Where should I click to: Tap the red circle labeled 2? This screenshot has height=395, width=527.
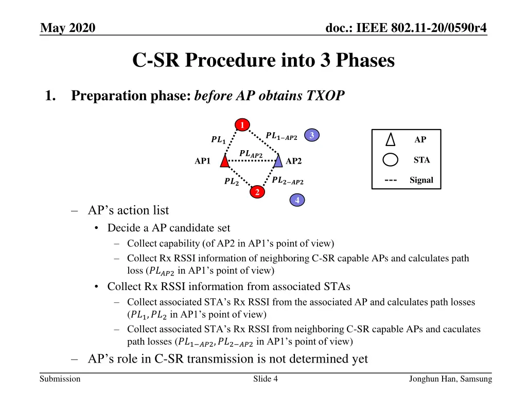pyautogui.click(x=257, y=192)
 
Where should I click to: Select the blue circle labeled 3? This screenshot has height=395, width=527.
pyautogui.click(x=311, y=135)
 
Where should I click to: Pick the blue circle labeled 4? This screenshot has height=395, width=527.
pyautogui.click(x=297, y=201)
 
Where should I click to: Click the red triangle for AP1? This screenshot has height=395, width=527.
pyautogui.click(x=224, y=161)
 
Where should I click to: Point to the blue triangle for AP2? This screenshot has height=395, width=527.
pyautogui.click(x=278, y=161)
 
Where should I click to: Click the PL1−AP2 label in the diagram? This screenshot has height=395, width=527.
pyautogui.click(x=282, y=136)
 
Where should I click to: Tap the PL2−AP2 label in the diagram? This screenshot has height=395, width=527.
pyautogui.click(x=288, y=181)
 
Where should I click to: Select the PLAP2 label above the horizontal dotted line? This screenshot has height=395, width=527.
pyautogui.click(x=251, y=153)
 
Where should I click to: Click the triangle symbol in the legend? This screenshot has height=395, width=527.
pyautogui.click(x=391, y=140)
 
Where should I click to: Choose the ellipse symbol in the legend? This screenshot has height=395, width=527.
pyautogui.click(x=391, y=160)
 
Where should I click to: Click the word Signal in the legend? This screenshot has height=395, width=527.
pyautogui.click(x=421, y=180)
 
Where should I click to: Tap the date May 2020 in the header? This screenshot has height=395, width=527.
pyautogui.click(x=67, y=28)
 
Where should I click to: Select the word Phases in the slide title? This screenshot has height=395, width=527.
pyautogui.click(x=364, y=61)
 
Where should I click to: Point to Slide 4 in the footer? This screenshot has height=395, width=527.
pyautogui.click(x=266, y=379)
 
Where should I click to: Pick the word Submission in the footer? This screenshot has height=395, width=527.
pyautogui.click(x=60, y=379)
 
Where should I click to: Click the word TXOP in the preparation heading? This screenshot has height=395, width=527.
pyautogui.click(x=326, y=96)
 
